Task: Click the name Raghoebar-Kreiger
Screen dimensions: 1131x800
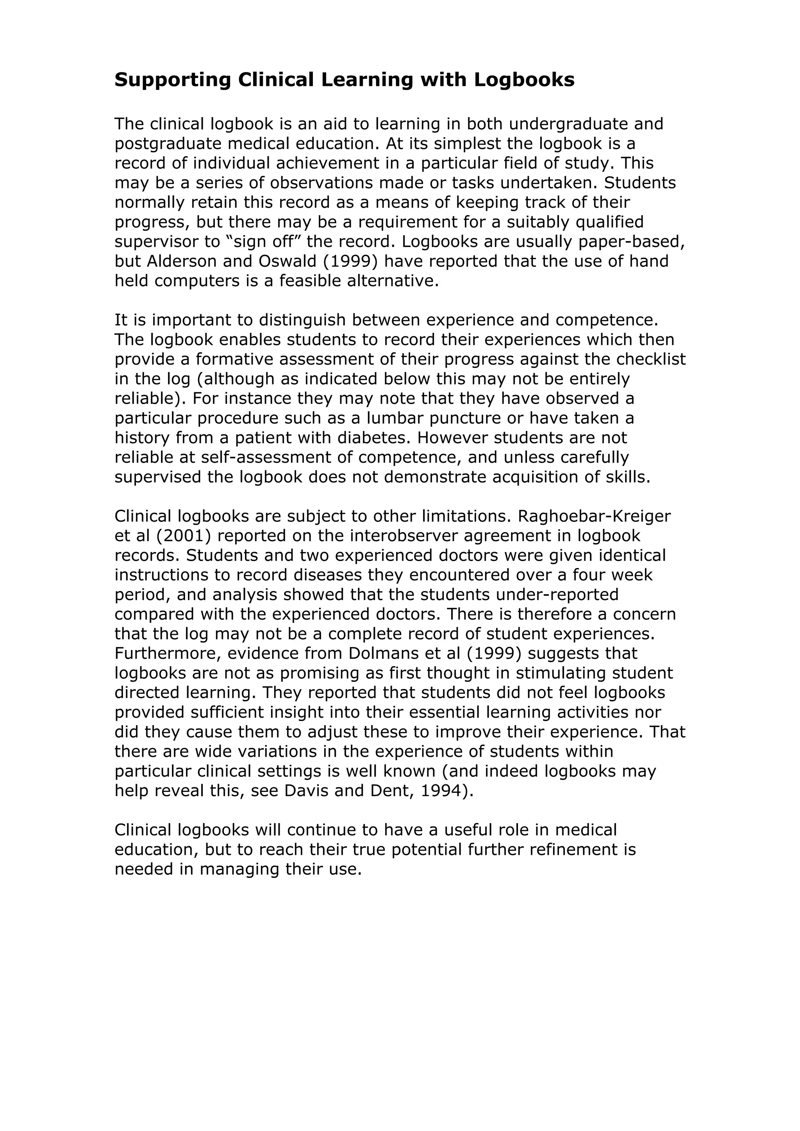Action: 595,516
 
